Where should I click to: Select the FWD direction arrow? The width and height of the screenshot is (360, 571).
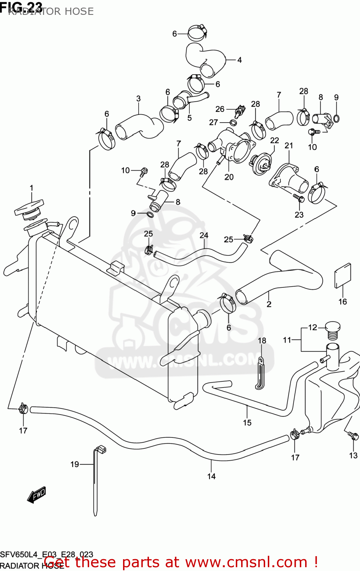point(37,495)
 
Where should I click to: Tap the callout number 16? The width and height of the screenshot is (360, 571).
point(342,301)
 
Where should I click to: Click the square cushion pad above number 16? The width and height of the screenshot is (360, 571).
point(342,275)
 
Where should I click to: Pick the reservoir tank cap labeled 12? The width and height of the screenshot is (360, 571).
point(333,330)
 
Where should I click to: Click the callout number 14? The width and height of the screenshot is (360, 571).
point(211,476)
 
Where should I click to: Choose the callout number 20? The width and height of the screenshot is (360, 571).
point(229,177)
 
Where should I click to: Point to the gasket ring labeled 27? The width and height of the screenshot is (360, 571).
point(234,123)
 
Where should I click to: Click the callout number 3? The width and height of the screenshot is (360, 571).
point(138,98)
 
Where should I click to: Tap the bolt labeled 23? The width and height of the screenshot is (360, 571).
point(298,198)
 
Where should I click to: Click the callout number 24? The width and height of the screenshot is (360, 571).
point(204,235)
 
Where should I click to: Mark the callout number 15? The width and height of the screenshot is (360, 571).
point(247,422)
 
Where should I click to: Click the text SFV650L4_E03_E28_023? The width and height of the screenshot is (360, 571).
point(46,555)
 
